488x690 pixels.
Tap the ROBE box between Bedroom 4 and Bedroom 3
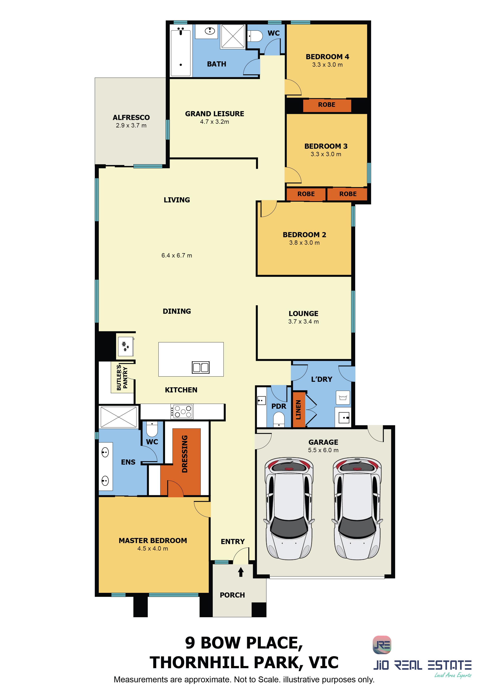(327, 105)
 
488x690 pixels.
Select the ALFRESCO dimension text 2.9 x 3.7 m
(131, 126)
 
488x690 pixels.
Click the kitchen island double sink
(201, 368)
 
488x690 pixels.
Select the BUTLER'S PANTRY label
(122, 378)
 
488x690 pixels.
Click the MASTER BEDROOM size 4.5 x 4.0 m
(153, 548)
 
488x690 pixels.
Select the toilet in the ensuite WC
(152, 429)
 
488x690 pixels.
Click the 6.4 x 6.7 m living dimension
(177, 256)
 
